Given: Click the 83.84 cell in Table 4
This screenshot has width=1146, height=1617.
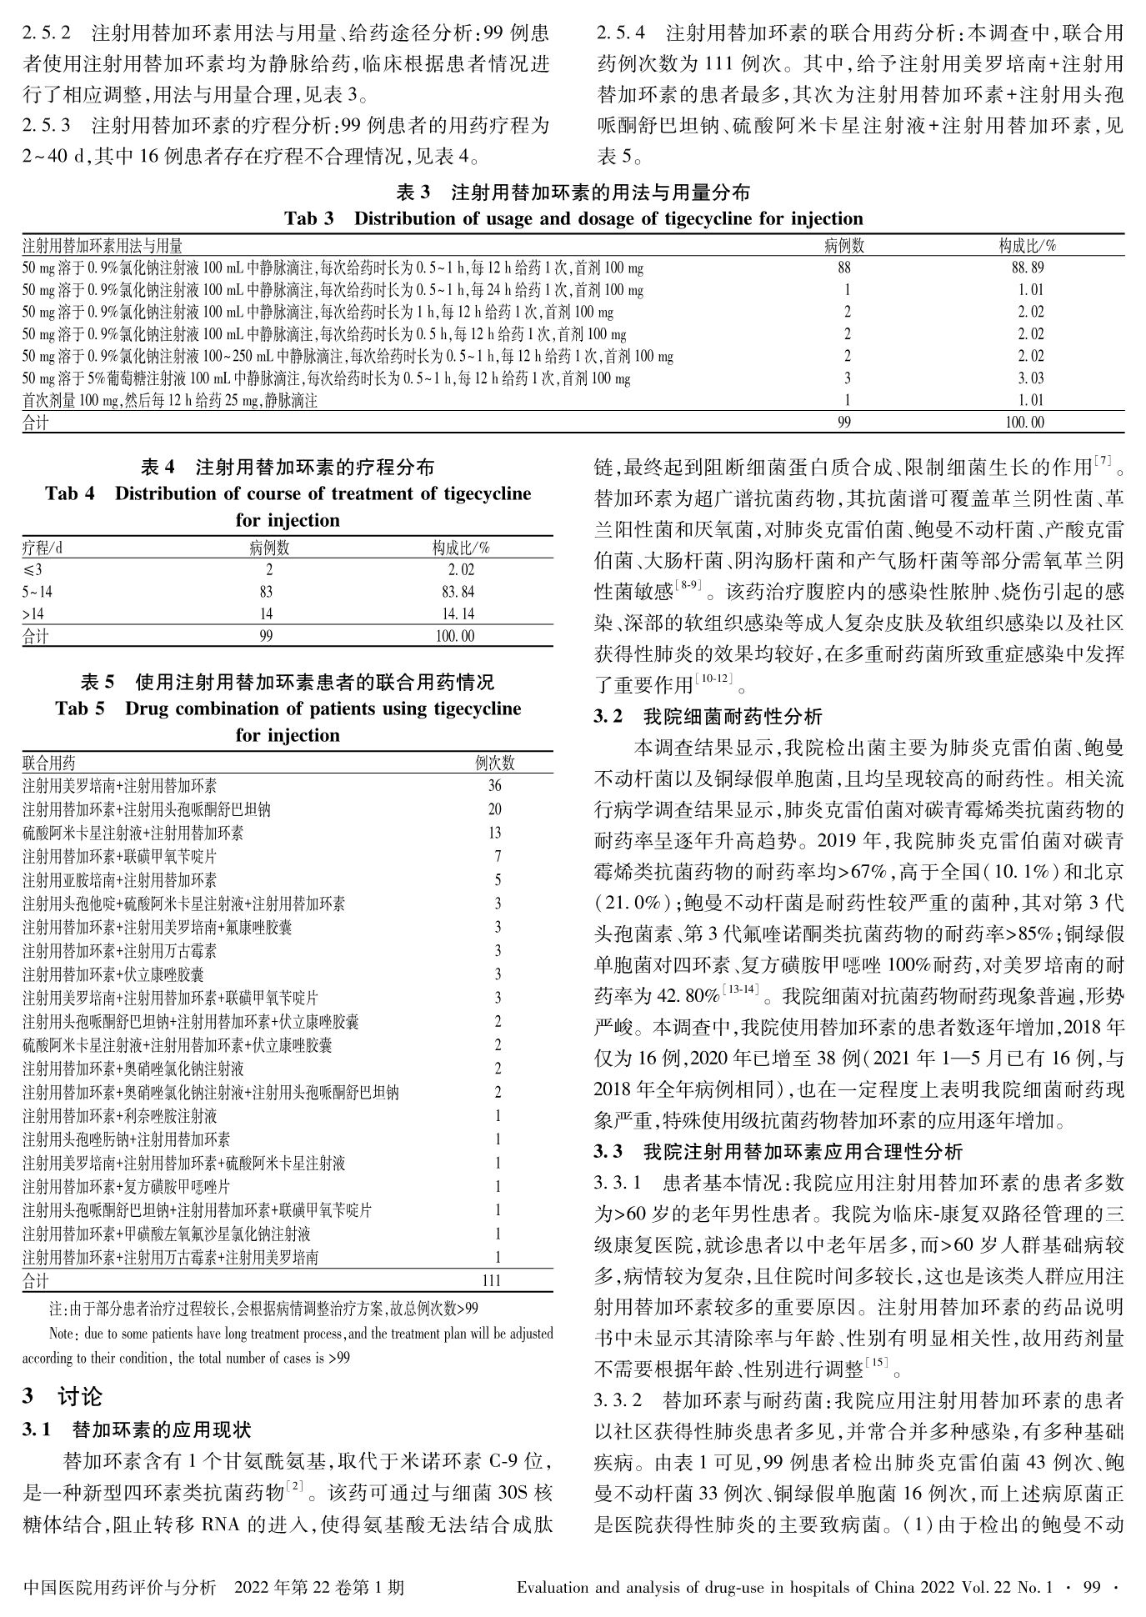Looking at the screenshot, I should pyautogui.click(x=461, y=592).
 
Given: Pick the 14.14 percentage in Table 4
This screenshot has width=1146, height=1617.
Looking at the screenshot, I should pyautogui.click(x=461, y=614).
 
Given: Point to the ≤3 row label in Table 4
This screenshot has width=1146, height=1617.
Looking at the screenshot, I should pyautogui.click(x=33, y=570).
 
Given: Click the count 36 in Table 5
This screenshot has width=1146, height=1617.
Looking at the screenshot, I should pyautogui.click(x=495, y=786).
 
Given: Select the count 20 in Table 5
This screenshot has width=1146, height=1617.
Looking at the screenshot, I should pyautogui.click(x=495, y=809).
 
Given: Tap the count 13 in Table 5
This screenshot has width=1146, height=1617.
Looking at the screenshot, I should pyautogui.click(x=495, y=833).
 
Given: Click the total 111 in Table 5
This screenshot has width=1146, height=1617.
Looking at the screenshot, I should pyautogui.click(x=492, y=1280).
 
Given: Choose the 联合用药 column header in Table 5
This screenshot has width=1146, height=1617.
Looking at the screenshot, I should pyautogui.click(x=49, y=763).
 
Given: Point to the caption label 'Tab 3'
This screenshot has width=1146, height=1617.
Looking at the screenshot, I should pyautogui.click(x=308, y=219).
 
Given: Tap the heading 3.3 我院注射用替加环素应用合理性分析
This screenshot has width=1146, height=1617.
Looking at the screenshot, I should pyautogui.click(x=778, y=1153).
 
